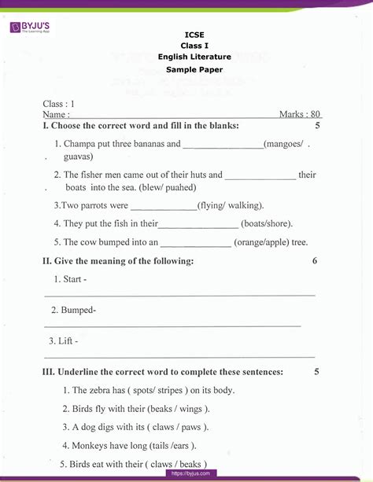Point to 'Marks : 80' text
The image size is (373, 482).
[300, 115]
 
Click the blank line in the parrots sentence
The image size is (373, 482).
[162, 205]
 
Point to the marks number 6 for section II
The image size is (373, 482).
[315, 260]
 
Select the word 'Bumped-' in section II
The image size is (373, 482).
[78, 310]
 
